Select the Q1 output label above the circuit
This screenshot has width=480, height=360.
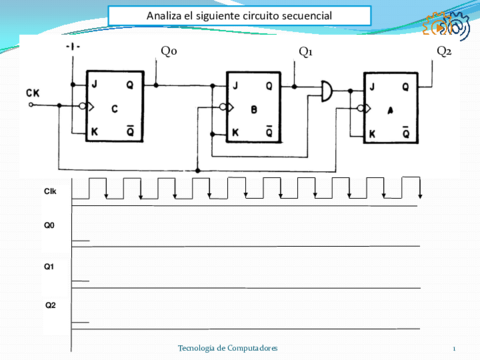tap(306, 51)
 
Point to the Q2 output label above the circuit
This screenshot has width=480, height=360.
tap(444, 51)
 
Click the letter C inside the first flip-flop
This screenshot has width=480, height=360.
tap(115, 108)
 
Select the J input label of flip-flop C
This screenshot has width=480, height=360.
tap(96, 83)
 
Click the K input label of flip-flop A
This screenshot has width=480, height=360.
tap(373, 134)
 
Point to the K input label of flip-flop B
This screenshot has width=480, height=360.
tap(236, 132)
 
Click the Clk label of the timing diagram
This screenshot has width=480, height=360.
tap(50, 190)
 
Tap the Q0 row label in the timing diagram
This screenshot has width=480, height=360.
tap(49, 226)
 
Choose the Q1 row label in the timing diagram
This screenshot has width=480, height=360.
tap(49, 266)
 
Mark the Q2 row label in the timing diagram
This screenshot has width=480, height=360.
tap(49, 304)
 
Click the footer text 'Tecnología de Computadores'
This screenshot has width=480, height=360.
tap(227, 346)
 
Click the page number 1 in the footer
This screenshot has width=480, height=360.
tap(453, 347)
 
